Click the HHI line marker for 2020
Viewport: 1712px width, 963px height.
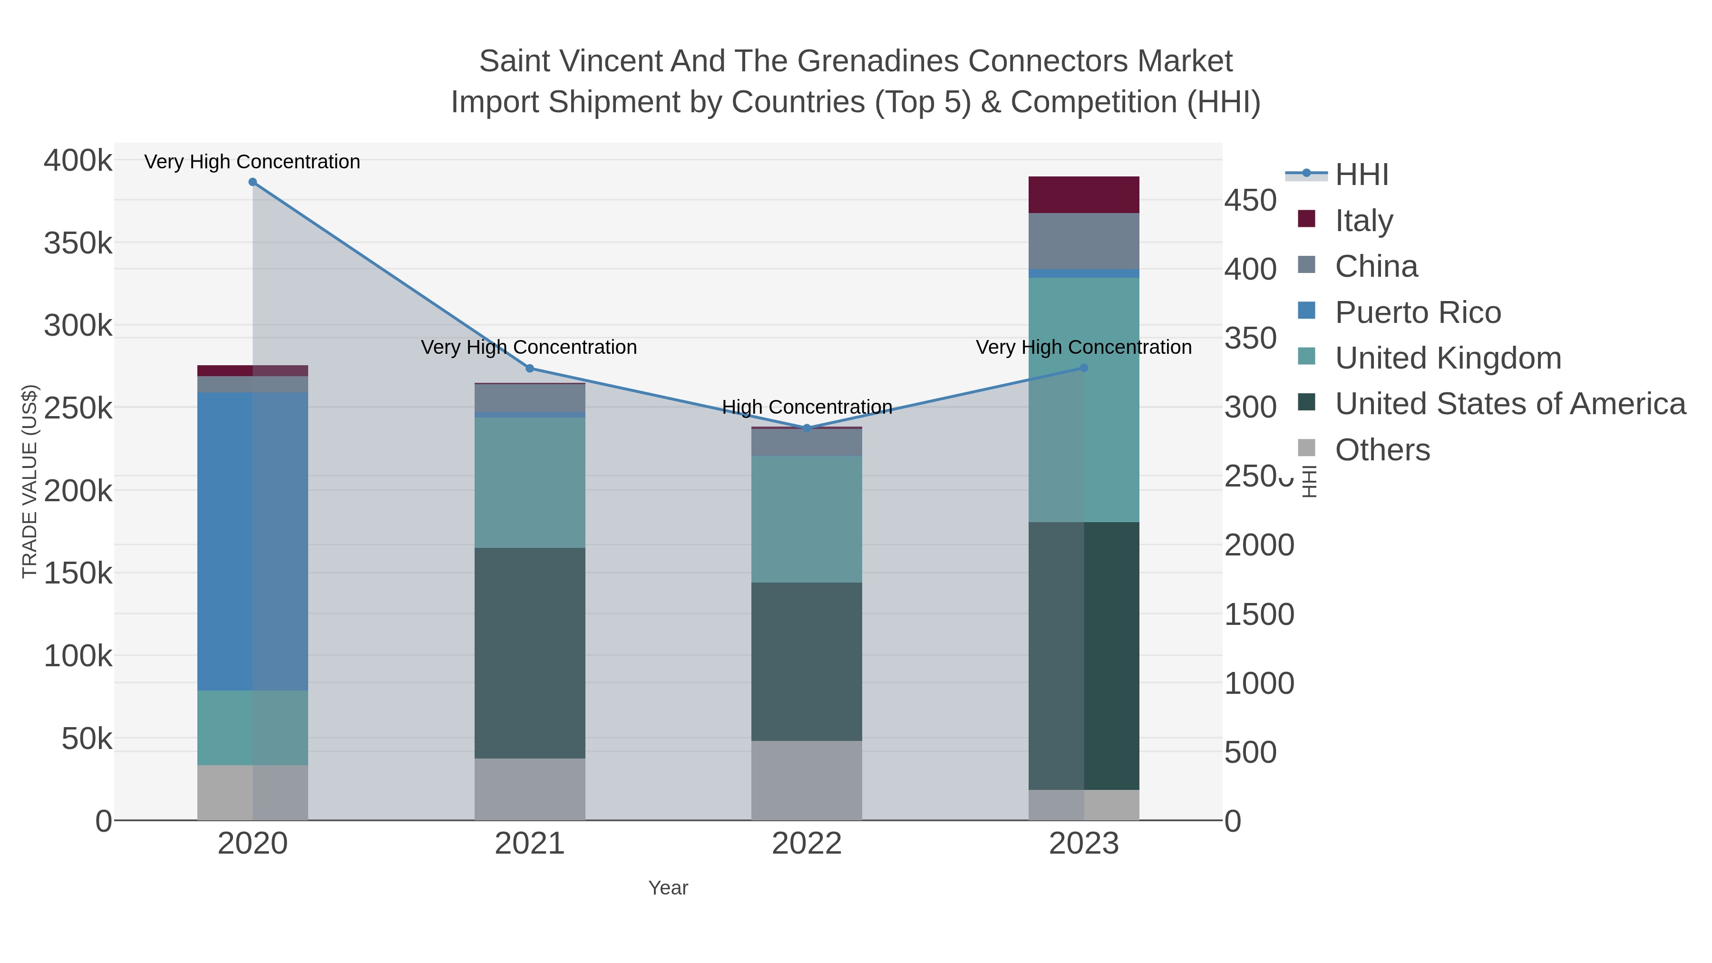click(x=253, y=182)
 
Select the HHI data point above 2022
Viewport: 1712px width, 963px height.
click(x=807, y=428)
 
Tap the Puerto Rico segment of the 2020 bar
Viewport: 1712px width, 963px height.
click(x=253, y=541)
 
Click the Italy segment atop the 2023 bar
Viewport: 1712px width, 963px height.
click(x=1083, y=195)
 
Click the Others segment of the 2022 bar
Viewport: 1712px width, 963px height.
click(x=807, y=780)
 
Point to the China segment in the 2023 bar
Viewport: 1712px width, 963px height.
click(x=1083, y=241)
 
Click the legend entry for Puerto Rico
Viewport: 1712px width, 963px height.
click(x=1418, y=312)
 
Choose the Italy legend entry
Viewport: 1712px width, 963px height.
click(x=1364, y=221)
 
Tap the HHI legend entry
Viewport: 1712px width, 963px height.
click(x=1361, y=175)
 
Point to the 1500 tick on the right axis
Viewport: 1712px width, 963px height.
click(x=1259, y=615)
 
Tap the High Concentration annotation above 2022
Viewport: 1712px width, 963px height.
click(x=807, y=407)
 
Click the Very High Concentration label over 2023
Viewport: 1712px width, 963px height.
click(x=1083, y=347)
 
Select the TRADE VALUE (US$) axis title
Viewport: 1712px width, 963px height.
click(x=30, y=481)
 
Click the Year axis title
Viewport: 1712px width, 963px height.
click(x=668, y=888)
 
